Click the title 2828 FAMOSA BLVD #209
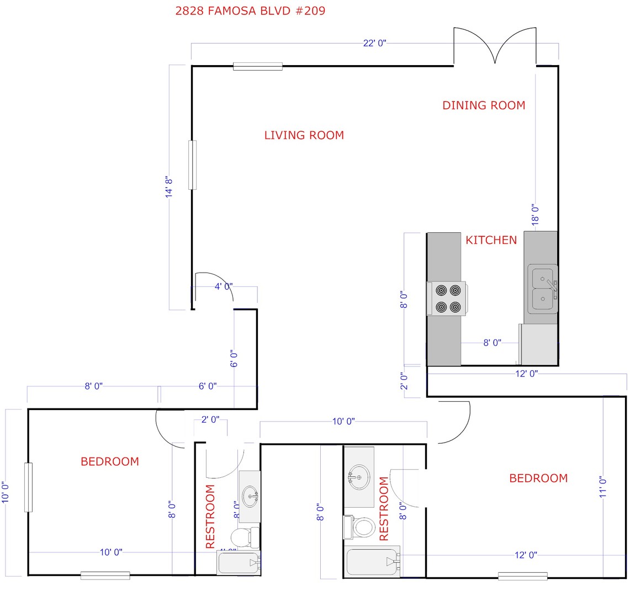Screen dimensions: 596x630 coord(250,11)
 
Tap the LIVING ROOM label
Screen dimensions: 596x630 coord(304,135)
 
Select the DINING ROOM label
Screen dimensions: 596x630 coord(484,105)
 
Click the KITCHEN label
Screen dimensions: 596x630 coord(491,240)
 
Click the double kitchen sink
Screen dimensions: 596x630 coord(542,289)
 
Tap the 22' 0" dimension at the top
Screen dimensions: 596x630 coord(374,44)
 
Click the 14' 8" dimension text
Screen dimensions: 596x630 coord(170,187)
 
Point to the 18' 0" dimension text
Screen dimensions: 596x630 coord(534,214)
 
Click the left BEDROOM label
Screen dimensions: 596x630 coord(110,461)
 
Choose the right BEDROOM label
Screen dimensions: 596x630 coord(538,478)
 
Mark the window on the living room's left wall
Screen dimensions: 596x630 coord(193,165)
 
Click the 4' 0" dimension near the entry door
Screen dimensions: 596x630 coord(224,286)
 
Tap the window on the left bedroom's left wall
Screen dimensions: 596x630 coord(28,487)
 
